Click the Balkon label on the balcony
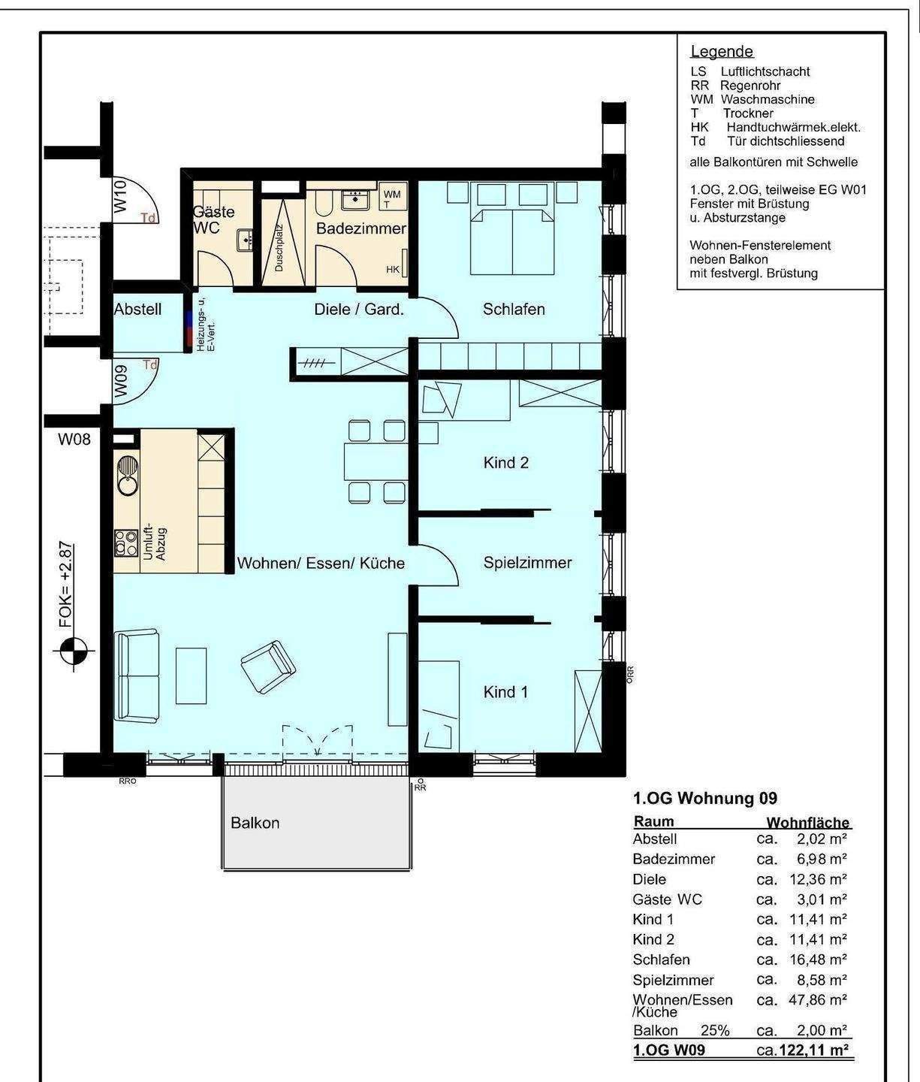(x=255, y=823)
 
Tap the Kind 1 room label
(x=505, y=692)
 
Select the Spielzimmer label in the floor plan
(x=527, y=563)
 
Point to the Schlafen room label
(x=514, y=310)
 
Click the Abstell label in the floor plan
(x=137, y=310)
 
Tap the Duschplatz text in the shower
(x=279, y=248)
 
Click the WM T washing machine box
(x=392, y=198)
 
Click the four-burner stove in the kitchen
(x=126, y=543)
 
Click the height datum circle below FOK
(x=74, y=651)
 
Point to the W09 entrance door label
(x=121, y=381)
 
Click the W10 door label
(x=121, y=196)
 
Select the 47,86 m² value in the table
(x=817, y=1000)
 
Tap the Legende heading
(x=722, y=51)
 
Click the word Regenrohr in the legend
(x=750, y=86)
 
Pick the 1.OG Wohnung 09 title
(x=705, y=798)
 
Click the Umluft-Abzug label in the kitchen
(x=155, y=541)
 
